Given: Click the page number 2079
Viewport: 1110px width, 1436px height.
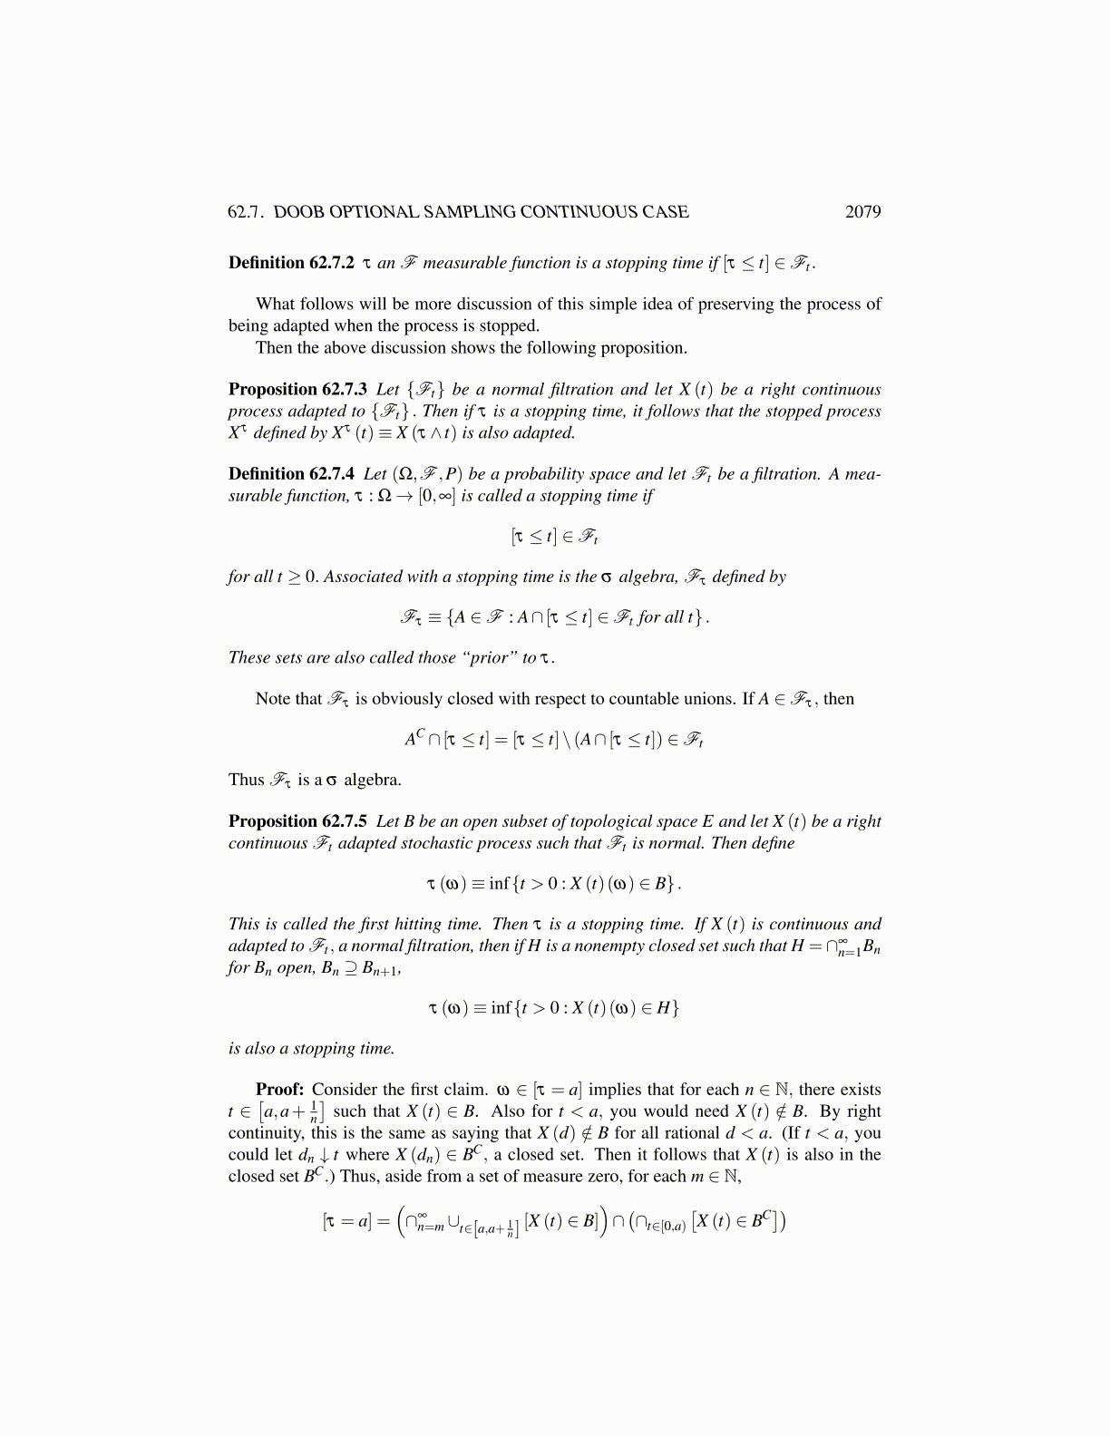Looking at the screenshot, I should (x=862, y=212).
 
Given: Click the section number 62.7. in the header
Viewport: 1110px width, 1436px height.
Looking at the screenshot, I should (x=246, y=212).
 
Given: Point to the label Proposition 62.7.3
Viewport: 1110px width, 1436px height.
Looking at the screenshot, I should (x=297, y=390).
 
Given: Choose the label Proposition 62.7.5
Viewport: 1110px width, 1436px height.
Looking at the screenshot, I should (x=297, y=821).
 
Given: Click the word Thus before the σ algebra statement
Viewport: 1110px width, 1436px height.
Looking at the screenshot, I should (x=246, y=780).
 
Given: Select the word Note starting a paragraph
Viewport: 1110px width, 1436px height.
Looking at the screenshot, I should (x=274, y=699).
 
